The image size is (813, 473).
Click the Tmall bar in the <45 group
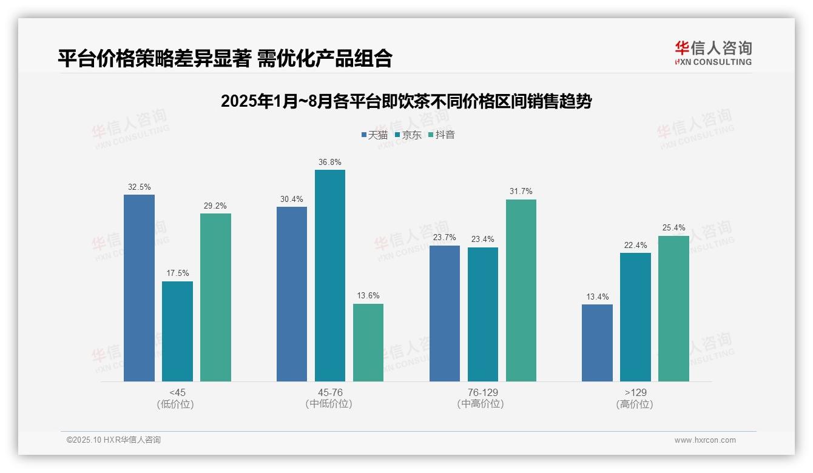[139, 288]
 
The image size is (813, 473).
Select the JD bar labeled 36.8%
[330, 276]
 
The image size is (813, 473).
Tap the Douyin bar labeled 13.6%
[368, 343]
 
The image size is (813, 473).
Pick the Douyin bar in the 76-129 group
[521, 290]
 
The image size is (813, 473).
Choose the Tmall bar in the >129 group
[597, 343]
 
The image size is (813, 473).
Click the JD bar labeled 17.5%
[177, 331]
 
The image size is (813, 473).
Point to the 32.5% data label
[140, 187]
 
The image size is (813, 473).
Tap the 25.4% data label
[673, 228]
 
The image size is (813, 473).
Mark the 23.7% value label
[445, 238]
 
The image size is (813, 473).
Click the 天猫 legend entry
[374, 135]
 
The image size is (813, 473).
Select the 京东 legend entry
[408, 135]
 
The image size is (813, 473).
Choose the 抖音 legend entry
[442, 135]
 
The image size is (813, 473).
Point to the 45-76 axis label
[330, 392]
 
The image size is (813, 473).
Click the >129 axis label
[635, 392]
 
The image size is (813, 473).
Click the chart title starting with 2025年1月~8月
[406, 101]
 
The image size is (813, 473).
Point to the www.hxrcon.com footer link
[705, 440]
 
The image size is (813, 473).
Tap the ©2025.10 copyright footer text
[113, 440]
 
